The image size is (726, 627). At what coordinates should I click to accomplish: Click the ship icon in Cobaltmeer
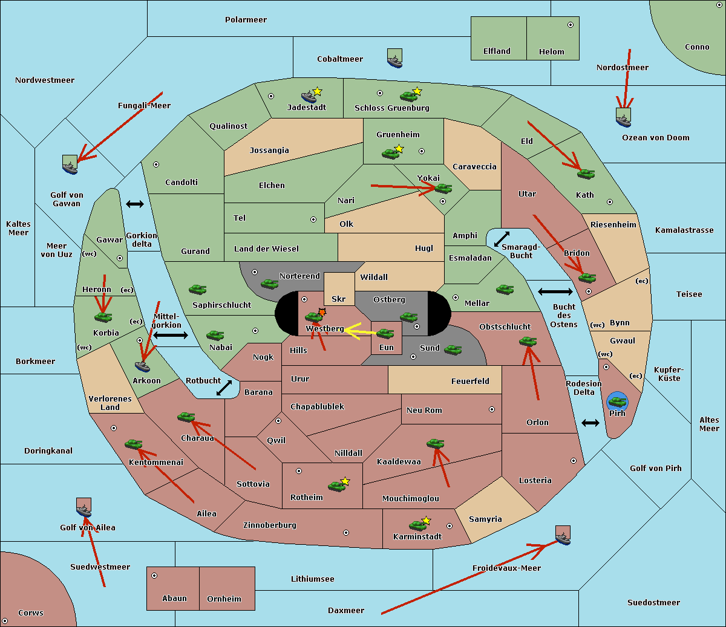coord(394,59)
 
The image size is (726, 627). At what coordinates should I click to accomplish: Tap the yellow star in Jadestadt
coord(317,91)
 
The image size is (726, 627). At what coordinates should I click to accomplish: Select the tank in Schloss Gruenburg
coord(408,96)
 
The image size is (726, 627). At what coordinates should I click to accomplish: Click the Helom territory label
coord(551,52)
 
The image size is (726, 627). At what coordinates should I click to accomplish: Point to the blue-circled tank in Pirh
coord(617,401)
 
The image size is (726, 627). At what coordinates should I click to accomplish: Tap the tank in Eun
coord(385,333)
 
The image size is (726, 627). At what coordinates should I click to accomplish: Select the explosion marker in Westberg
coord(322,312)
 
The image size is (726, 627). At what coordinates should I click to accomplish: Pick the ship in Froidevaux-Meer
coord(563,536)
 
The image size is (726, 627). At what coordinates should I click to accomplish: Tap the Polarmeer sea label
coord(246,20)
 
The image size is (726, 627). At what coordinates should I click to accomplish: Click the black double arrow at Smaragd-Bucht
coord(502,239)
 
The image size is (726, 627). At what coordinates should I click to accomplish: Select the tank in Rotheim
coord(336,486)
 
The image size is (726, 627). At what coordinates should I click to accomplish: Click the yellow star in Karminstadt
coord(426,521)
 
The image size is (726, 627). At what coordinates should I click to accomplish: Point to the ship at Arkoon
coord(142,365)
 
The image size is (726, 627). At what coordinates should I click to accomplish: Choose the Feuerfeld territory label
coord(470,382)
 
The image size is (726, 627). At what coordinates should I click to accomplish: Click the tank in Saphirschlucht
coord(197,290)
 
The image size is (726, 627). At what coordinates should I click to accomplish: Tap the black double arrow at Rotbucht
coord(224,388)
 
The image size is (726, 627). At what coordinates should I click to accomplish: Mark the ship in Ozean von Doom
coord(623,117)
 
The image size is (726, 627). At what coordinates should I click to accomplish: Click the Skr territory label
coord(339,299)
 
